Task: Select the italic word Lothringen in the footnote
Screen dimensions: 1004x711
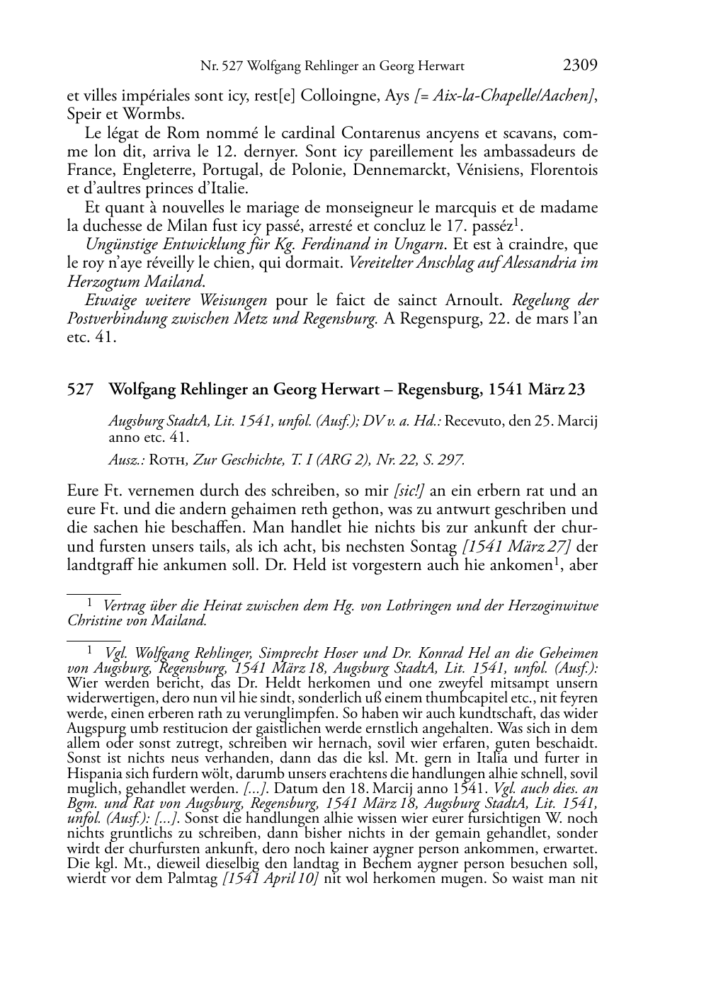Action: coord(416,606)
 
